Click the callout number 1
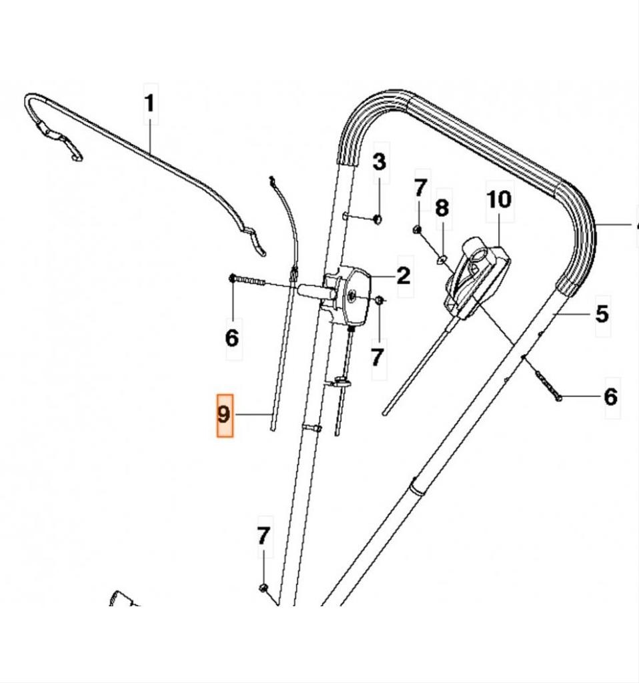click(x=150, y=103)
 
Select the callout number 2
click(x=403, y=275)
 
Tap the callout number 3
click(x=379, y=161)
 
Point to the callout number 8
click(x=442, y=207)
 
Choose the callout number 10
click(x=500, y=199)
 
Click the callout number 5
click(x=602, y=313)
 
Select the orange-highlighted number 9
click(x=225, y=415)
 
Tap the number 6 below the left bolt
click(x=231, y=337)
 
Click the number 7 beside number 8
click(x=420, y=187)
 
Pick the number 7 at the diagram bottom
click(x=263, y=535)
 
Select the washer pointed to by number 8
click(x=442, y=258)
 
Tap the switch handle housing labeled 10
click(x=477, y=273)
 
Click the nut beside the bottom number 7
click(x=263, y=588)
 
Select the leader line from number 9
click(x=253, y=415)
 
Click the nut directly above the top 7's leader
click(x=416, y=229)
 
